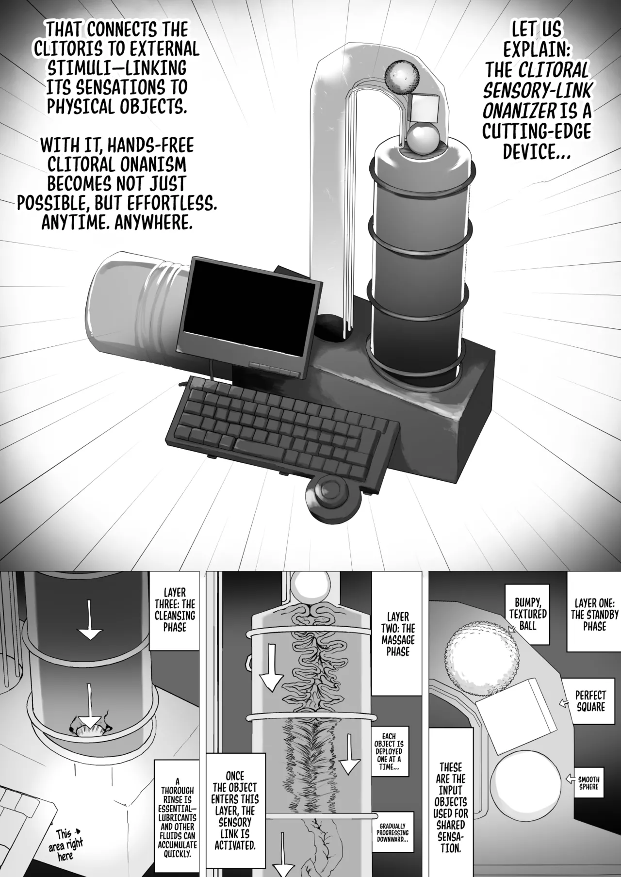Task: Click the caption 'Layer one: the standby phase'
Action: point(594,615)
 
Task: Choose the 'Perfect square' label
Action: point(591,701)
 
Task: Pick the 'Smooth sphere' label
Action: point(588,783)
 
